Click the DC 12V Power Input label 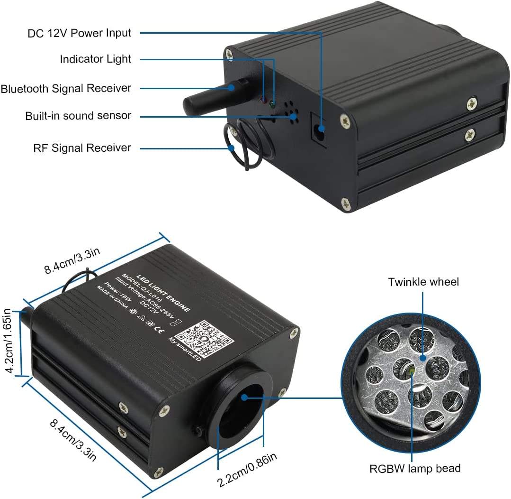(x=79, y=33)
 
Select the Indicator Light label (x=95, y=59)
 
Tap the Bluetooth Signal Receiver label (x=66, y=88)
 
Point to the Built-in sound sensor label (x=78, y=116)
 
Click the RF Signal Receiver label (x=82, y=148)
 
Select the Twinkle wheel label (x=423, y=282)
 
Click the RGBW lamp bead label (x=415, y=469)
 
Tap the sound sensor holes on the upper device (x=290, y=112)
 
